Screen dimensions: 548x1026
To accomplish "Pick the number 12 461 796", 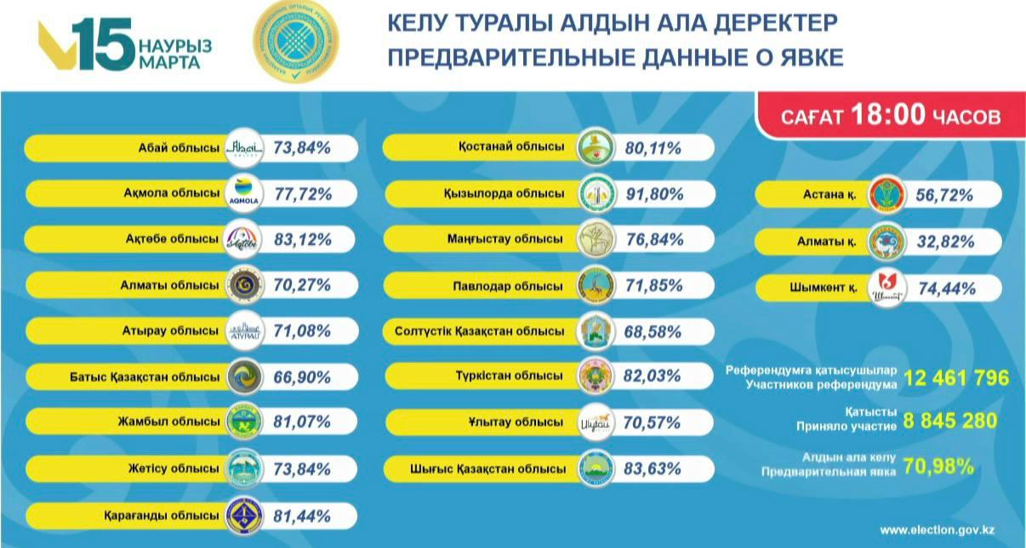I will pyautogui.click(x=956, y=378).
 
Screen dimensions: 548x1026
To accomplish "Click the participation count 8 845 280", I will pyautogui.click(x=950, y=420).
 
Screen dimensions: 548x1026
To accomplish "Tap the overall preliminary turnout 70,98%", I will pyautogui.click(x=939, y=465).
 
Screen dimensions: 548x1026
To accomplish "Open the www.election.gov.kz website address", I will pyautogui.click(x=937, y=529).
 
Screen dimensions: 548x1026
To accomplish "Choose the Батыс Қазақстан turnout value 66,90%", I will pyautogui.click(x=302, y=377).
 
